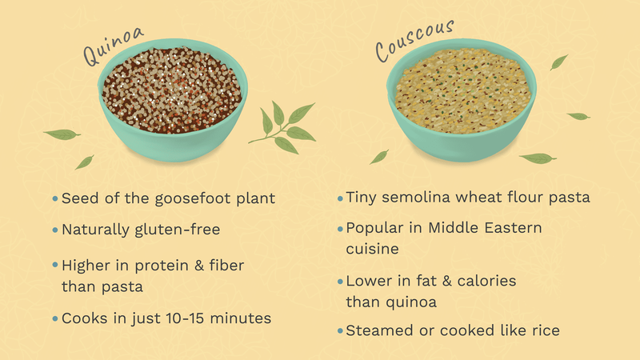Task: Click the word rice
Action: coord(544,330)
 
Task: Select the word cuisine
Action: coord(373,249)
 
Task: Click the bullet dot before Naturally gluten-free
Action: coord(54,230)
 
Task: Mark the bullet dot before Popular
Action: coord(338,229)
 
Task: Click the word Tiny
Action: coord(364,197)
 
